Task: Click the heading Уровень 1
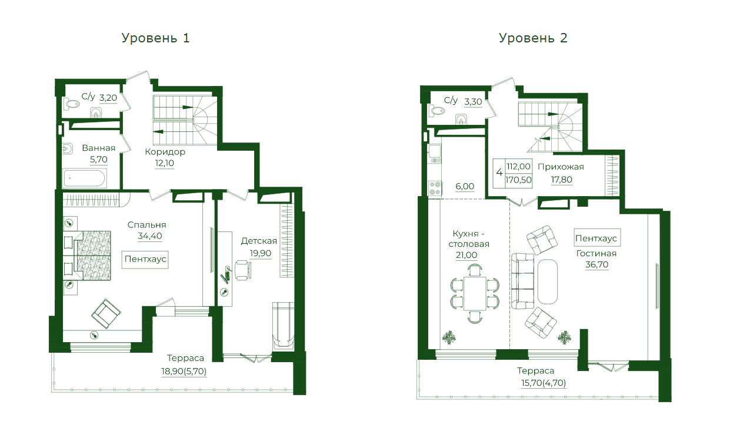(x=155, y=38)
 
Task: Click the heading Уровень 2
(x=533, y=38)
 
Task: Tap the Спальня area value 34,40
(x=150, y=236)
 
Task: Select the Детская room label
(x=259, y=241)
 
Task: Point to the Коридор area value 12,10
(x=164, y=163)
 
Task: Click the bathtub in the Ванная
(x=85, y=178)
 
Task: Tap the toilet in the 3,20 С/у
(x=72, y=104)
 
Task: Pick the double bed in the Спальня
(x=88, y=256)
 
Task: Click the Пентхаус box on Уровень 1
(x=145, y=259)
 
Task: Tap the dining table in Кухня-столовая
(x=475, y=293)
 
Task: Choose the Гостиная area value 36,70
(x=597, y=264)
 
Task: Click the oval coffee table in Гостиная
(x=548, y=281)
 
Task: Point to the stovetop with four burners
(x=434, y=188)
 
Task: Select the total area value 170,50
(x=518, y=180)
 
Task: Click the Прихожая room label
(x=561, y=167)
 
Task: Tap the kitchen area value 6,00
(x=465, y=186)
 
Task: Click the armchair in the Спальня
(x=106, y=314)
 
